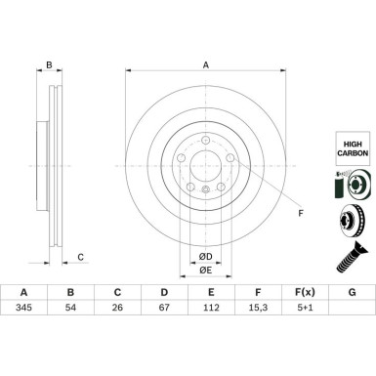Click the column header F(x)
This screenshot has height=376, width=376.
click(x=305, y=290)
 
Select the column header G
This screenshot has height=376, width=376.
click(x=352, y=290)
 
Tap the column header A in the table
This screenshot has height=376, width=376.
click(x=23, y=290)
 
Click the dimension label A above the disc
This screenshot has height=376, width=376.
click(x=206, y=65)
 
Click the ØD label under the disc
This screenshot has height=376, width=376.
click(x=205, y=256)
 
